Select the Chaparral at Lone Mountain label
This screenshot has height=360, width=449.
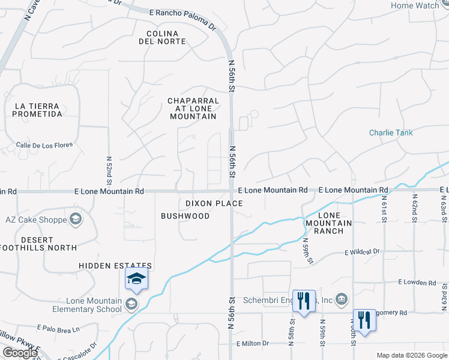pyautogui.click(x=192, y=109)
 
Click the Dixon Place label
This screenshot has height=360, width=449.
pyautogui.click(x=214, y=203)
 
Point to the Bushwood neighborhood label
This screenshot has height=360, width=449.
pyautogui.click(x=185, y=216)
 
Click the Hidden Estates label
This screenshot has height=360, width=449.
pyautogui.click(x=115, y=265)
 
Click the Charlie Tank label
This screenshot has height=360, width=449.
pyautogui.click(x=391, y=133)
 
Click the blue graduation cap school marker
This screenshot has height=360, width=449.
pyautogui.click(x=136, y=279)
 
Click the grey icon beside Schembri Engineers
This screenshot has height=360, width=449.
pyautogui.click(x=342, y=299)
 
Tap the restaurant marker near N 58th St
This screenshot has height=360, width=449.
pyautogui.click(x=304, y=301)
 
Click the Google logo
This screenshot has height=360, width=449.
pyautogui.click(x=20, y=353)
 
